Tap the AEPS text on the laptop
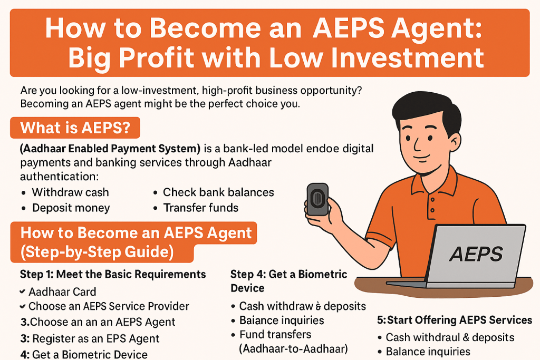pos(476,255)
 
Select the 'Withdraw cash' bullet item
pos(70,192)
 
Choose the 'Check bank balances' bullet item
pos(218,192)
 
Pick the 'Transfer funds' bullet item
pos(200,208)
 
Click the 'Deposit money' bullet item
pos(71,208)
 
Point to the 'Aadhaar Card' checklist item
pos(62,291)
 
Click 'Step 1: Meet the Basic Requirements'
pos(113,274)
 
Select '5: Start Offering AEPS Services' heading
pos(455,320)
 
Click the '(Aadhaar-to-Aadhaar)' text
pos(294,348)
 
